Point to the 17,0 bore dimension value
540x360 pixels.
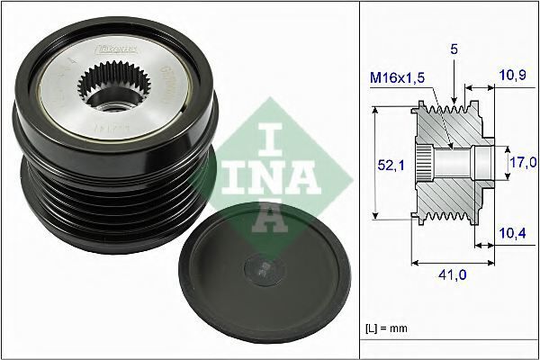pyautogui.click(x=523, y=163)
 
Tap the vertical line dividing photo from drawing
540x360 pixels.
pyautogui.click(x=359, y=180)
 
